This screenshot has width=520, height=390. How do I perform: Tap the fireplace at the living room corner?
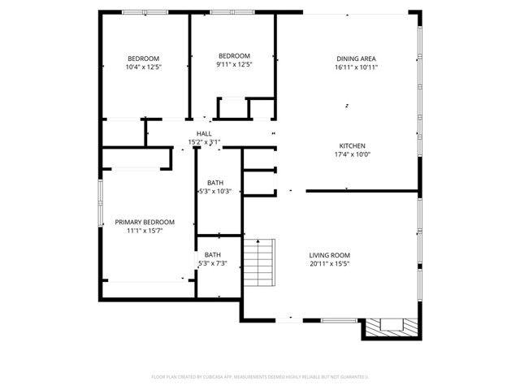click(393, 326)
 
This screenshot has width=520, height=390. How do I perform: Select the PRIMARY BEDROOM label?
click(145, 222)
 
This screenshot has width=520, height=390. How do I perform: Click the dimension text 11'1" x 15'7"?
click(145, 231)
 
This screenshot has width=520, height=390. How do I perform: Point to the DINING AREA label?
click(357, 58)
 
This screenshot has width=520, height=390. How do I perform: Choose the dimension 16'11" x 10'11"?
click(357, 67)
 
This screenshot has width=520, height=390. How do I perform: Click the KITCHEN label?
click(352, 145)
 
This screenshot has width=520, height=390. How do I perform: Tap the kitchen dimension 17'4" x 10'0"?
click(352, 154)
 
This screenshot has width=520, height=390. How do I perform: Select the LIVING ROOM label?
click(329, 255)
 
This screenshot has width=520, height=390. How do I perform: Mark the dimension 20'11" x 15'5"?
click(329, 264)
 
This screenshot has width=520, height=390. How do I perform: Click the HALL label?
click(204, 133)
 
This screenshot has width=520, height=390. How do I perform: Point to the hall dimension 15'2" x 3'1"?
click(204, 142)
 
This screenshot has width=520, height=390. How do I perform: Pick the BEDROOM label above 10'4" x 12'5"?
click(143, 58)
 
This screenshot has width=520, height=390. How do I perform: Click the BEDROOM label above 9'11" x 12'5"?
click(233, 55)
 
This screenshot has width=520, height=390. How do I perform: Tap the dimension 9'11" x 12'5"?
click(233, 64)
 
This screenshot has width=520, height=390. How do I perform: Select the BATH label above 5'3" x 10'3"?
click(215, 183)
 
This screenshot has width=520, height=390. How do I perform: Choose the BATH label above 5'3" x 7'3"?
click(212, 255)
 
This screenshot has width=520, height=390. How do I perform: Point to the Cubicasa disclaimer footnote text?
click(260, 377)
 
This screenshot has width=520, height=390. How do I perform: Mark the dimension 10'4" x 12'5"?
click(143, 67)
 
